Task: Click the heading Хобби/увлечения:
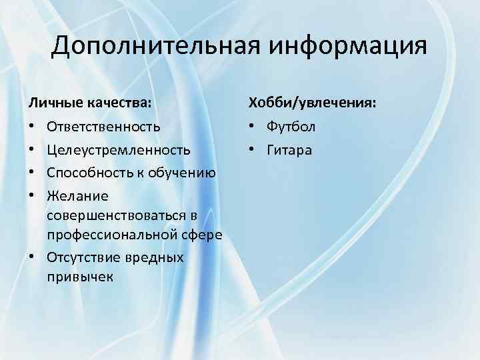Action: pos(312,103)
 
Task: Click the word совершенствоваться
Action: pos(117,216)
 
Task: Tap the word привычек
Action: pos(80,276)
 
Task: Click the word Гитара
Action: pos(289,151)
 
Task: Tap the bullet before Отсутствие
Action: pos(32,257)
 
